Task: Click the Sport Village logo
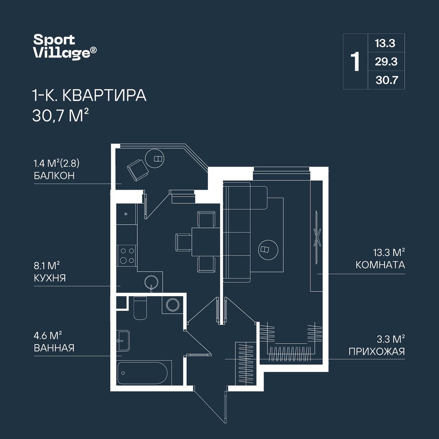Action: coord(65,47)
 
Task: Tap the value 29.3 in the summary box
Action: coord(386,61)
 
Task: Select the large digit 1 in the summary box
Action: coord(355,61)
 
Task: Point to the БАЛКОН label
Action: coord(54,176)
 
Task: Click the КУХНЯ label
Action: coord(50,278)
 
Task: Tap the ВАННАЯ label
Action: coord(54,348)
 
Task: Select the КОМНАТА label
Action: coord(380,265)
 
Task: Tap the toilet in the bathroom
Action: coord(140,308)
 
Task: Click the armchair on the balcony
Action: coord(138,170)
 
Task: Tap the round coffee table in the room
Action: coord(268,250)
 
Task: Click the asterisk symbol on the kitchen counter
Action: coord(126,214)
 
